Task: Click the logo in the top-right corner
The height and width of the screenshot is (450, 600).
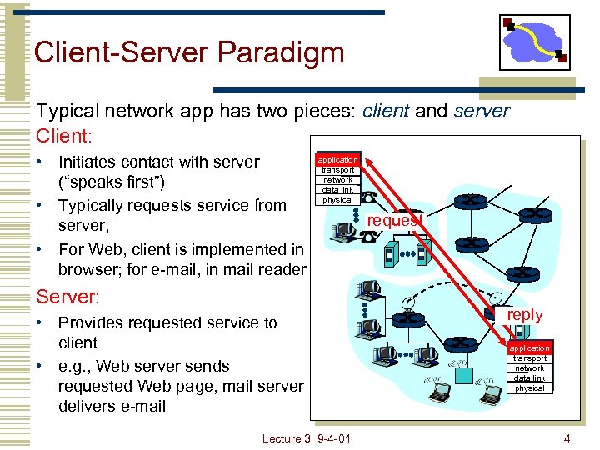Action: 534,42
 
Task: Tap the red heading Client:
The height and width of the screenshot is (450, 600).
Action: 63,133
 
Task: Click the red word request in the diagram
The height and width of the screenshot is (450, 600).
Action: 396,220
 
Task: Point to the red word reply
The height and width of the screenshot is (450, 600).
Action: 525,315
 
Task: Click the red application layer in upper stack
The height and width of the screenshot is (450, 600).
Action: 337,159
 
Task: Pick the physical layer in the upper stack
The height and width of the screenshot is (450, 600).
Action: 337,199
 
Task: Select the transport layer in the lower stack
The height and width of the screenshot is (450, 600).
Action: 529,357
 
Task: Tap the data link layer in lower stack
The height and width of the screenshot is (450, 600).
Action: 529,377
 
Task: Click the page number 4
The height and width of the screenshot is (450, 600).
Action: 567,437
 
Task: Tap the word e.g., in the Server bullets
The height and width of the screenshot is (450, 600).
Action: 75,366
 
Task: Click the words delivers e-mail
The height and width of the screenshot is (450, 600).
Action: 112,406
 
